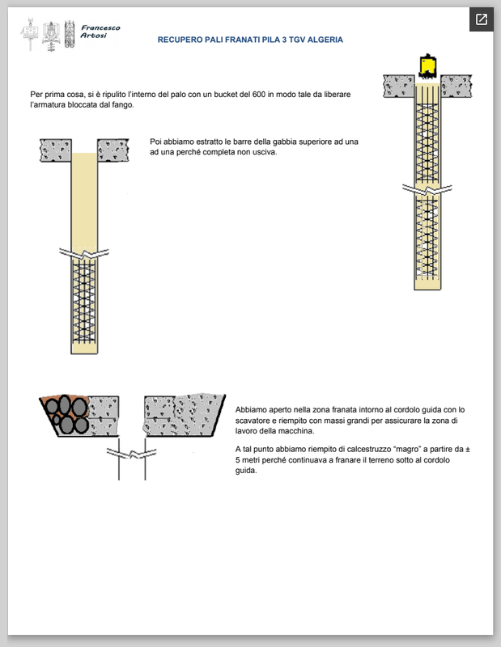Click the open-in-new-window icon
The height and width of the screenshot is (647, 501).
[482, 19]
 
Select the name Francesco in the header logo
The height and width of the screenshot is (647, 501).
[101, 27]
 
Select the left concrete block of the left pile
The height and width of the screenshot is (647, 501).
[56, 150]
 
